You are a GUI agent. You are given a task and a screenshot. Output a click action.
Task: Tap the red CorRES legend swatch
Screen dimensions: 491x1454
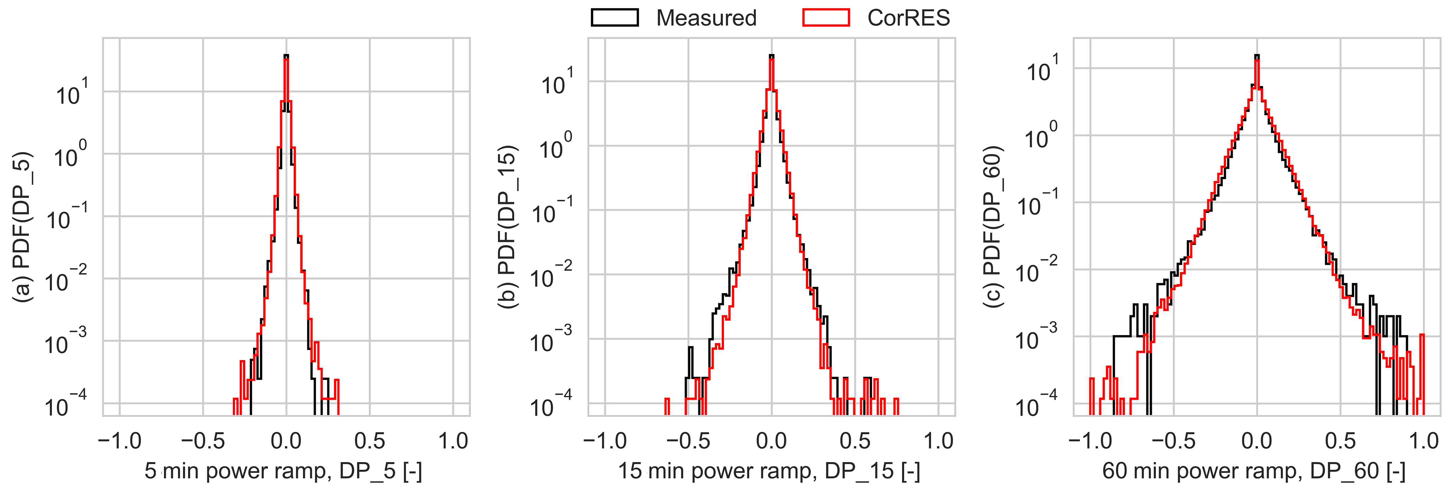coord(826,18)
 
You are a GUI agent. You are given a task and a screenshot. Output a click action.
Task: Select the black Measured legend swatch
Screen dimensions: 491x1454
coord(615,18)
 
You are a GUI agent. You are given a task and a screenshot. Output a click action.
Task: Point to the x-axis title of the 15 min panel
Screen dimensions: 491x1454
coord(769,471)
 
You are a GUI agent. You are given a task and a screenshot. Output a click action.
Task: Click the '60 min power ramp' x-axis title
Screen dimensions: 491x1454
coord(1254,471)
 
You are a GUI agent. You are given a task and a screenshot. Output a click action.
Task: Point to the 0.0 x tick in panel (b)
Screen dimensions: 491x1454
coord(771,441)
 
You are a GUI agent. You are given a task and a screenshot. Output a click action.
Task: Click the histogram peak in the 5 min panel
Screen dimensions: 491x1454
coord(286,56)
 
